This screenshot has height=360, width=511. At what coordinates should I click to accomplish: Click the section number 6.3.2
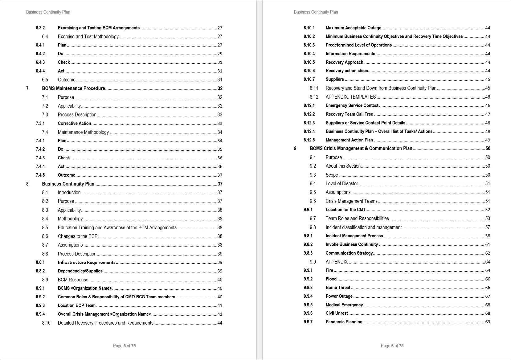pos(40,28)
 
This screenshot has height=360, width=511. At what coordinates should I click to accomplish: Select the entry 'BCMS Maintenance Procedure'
pos(73,88)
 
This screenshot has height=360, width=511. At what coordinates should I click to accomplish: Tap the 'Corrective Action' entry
pos(74,123)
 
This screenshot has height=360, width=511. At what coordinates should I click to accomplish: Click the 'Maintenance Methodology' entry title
pos(83,132)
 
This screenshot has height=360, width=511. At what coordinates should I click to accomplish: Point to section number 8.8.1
pos(40,262)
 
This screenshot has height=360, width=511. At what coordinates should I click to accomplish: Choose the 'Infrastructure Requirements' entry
pos(86,262)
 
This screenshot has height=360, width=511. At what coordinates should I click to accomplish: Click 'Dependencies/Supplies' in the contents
pos(80,271)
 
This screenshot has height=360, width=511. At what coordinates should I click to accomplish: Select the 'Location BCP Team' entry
pos(77,305)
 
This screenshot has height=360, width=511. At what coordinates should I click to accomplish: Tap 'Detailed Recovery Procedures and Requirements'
pos(105,323)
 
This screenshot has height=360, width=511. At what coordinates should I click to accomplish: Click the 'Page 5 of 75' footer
pos(124,346)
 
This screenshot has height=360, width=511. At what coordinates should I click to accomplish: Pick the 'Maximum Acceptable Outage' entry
pos(353,28)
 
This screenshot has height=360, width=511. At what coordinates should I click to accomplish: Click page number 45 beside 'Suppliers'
pos(488,80)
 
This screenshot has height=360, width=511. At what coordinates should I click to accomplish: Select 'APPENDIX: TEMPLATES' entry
pos(351,97)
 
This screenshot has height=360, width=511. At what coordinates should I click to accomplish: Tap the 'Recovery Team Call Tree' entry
pos(349,114)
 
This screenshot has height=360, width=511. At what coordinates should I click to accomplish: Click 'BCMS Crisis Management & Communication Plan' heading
pos(361,149)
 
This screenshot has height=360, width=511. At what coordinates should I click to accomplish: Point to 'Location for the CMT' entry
pos(345,210)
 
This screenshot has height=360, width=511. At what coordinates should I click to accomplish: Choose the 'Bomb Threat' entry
pos(338,288)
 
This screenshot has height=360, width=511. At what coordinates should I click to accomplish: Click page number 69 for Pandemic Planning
pos(488,322)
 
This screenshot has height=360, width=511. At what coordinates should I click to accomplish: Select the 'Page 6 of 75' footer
pos(392,346)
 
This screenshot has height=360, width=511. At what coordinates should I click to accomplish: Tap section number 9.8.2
pos(308,244)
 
